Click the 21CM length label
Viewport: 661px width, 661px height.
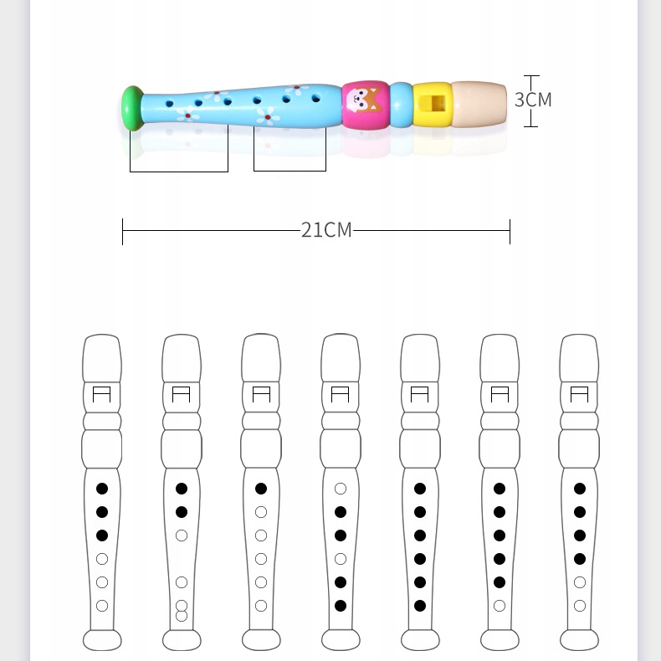[x=326, y=230]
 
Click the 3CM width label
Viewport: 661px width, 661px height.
[x=533, y=100]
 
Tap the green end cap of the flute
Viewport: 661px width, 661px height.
[x=131, y=107]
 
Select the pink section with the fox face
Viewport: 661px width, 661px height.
[x=366, y=105]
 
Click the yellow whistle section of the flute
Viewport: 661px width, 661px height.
[x=433, y=105]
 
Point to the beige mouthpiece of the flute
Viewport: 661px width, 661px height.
[x=479, y=104]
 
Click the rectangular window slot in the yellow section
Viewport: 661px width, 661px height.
[x=433, y=105]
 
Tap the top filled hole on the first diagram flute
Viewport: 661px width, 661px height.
[x=102, y=489]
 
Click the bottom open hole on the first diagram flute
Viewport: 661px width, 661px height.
[x=102, y=605]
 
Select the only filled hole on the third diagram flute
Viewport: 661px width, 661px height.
[x=261, y=489]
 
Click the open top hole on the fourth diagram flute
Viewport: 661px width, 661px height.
[x=341, y=489]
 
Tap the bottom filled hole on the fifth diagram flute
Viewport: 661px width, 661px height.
[x=420, y=605]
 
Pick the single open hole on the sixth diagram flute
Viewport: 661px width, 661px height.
[x=500, y=605]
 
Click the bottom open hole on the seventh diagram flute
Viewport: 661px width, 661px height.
[x=579, y=605]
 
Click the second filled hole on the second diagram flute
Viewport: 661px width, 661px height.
[x=182, y=512]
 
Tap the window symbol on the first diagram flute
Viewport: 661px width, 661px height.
[x=102, y=394]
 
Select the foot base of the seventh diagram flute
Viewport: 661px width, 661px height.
[x=579, y=640]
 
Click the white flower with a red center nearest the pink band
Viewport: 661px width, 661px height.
[x=297, y=90]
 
